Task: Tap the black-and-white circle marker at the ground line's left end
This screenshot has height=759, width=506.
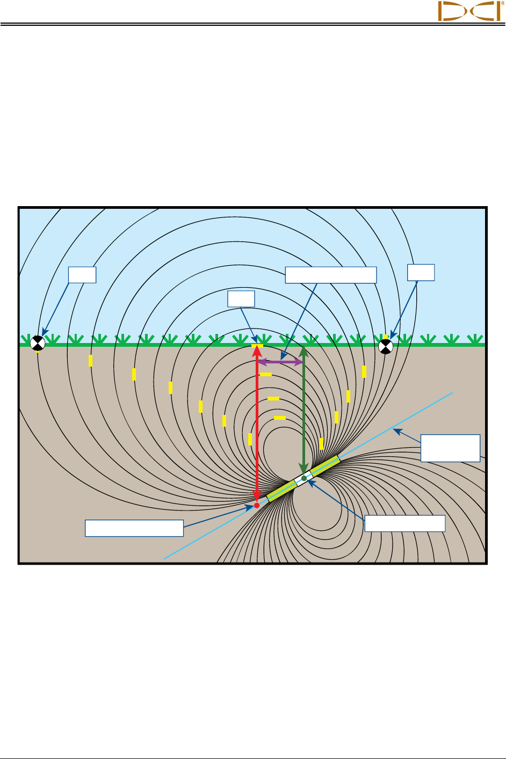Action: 37,343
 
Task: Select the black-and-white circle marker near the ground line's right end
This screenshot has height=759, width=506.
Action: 386,346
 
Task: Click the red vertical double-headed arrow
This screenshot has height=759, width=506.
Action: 257,424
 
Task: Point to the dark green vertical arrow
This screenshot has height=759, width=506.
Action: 303,408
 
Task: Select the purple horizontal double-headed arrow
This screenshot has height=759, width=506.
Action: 280,362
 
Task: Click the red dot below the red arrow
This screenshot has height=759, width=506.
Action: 257,506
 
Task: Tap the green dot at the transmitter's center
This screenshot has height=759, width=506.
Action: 304,478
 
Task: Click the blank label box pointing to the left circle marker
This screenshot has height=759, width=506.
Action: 82,275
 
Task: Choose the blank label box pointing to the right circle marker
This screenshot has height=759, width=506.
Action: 421,272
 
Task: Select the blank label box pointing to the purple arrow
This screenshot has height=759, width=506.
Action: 330,275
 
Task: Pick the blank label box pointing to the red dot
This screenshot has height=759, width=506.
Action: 134,528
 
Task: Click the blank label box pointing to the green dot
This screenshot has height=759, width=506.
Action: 405,523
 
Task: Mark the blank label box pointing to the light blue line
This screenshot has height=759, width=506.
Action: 450,448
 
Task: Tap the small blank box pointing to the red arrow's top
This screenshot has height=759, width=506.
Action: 241,299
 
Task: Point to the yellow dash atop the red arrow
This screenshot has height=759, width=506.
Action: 257,345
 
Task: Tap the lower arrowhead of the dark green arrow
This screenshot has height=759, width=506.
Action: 303,468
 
